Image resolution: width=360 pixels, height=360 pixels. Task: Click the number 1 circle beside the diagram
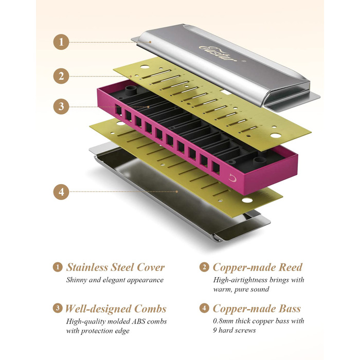pyautogui.click(x=61, y=42)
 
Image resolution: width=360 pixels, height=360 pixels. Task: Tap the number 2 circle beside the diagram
pyautogui.click(x=61, y=76)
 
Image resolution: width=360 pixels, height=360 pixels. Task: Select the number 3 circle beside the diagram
pyautogui.click(x=61, y=106)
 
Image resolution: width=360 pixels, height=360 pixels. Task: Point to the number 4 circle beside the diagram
pyautogui.click(x=61, y=192)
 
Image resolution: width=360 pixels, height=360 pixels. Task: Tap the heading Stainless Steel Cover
pyautogui.click(x=115, y=267)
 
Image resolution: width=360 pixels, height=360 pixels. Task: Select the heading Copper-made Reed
pyautogui.click(x=257, y=267)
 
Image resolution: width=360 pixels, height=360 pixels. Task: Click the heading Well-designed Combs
pyautogui.click(x=115, y=309)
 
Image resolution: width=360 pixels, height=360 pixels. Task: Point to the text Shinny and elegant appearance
pyautogui.click(x=115, y=280)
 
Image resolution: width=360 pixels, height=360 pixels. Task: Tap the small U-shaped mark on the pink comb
pyautogui.click(x=233, y=179)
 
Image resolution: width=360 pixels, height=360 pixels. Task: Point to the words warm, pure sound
pyautogui.click(x=242, y=289)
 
